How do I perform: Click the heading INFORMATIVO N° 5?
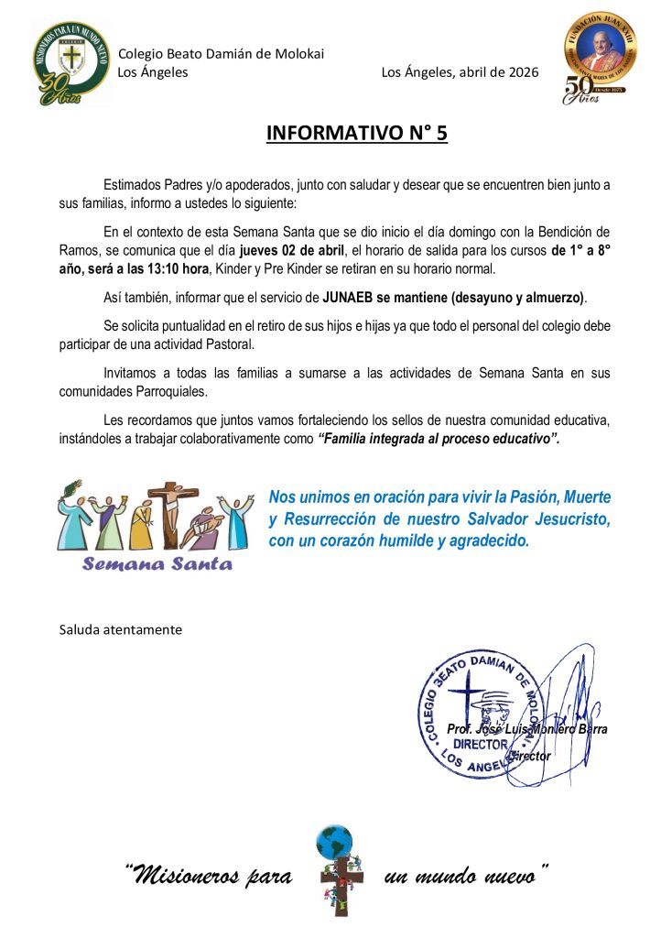tap(357, 133)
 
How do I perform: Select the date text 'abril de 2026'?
tap(494, 72)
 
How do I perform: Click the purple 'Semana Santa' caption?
tap(157, 563)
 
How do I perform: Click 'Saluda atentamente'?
tap(120, 629)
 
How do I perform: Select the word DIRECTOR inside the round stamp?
tap(480, 746)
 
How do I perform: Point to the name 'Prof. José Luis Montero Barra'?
tap(526, 729)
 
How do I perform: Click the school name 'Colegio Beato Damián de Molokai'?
tap(221, 54)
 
